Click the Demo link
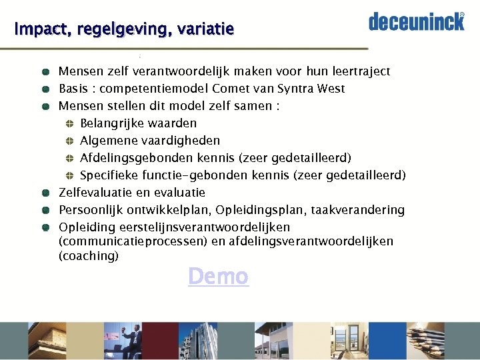(218, 276)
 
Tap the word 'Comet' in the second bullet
(231, 89)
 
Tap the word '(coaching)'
(89, 256)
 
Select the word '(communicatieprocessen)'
(133, 241)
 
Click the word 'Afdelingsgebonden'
(136, 158)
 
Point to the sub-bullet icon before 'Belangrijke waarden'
(69, 123)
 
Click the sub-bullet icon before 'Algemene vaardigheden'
(69, 141)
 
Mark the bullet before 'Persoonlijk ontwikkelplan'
(44, 210)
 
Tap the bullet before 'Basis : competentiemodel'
(44, 89)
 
